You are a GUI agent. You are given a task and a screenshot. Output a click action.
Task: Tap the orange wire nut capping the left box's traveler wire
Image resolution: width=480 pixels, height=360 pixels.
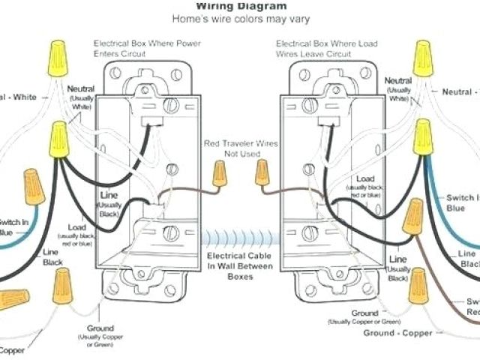tap(219, 175)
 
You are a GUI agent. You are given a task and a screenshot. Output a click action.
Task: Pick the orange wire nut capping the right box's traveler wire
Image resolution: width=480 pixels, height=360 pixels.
tap(262, 173)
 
